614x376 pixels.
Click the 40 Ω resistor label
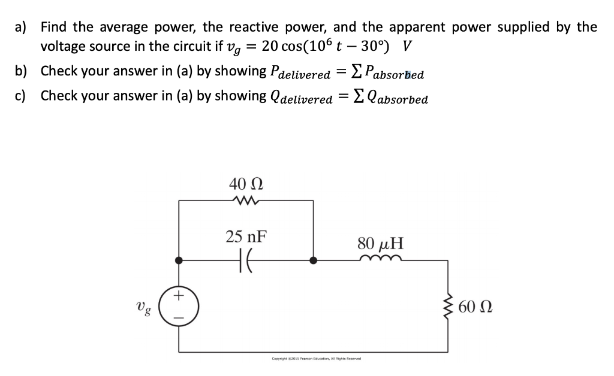tap(246, 183)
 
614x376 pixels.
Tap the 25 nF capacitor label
tap(246, 236)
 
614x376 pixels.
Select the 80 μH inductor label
tap(380, 244)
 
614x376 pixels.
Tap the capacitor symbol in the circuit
tap(246, 260)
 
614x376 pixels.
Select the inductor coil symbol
tap(380, 259)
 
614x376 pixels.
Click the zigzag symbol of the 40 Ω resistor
tap(246, 201)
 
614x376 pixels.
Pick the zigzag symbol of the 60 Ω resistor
tap(447, 308)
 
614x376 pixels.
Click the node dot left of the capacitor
tap(179, 260)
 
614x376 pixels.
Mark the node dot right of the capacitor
tap(313, 260)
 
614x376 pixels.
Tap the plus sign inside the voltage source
tap(179, 296)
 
